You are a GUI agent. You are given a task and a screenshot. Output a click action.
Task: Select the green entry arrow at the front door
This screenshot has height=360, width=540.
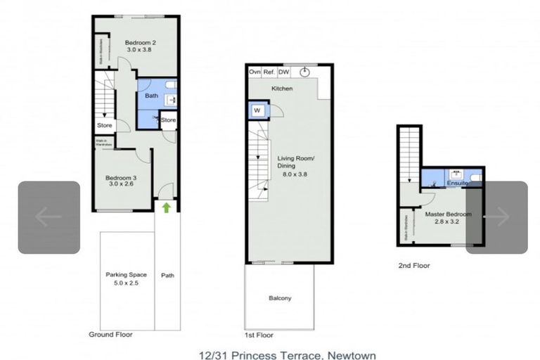pos(167,207)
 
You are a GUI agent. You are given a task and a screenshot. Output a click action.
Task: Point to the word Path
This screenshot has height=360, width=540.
pos(167,275)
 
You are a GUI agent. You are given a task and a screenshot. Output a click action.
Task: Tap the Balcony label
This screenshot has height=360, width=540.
pos(280,298)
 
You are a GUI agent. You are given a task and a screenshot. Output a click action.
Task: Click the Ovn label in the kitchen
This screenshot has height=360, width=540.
pos(255,72)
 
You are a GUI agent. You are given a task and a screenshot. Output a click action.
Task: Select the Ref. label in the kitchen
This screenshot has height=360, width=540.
pos(269,72)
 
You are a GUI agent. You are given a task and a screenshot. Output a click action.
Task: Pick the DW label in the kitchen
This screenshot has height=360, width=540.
pos(284,72)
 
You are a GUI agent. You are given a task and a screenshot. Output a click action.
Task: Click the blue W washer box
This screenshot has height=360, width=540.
pos(256,110)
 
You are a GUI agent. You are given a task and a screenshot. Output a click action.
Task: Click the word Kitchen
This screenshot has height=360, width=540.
pos(283,89)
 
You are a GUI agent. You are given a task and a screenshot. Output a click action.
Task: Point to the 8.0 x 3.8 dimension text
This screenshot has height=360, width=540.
pos(296,174)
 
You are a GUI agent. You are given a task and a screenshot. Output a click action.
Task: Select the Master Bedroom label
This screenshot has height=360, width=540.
pos(448,214)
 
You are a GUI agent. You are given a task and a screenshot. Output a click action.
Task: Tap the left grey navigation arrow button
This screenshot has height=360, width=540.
pos(49,217)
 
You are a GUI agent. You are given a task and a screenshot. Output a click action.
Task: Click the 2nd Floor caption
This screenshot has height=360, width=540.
pos(413,266)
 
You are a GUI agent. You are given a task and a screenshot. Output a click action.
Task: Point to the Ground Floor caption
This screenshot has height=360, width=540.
pos(110,335)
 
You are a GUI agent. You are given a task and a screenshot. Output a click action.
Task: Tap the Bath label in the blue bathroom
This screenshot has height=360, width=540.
pos(151,96)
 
